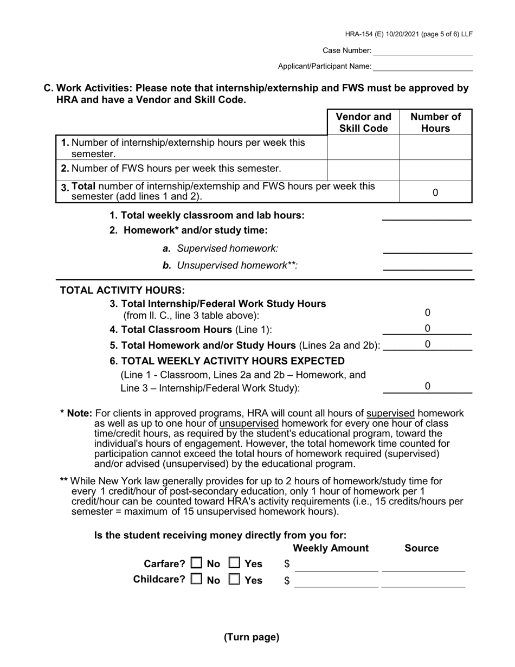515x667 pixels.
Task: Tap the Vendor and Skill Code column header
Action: pos(363,123)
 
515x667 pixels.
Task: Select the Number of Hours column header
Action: pos(435,123)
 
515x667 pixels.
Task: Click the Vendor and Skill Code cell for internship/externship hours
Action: pos(363,147)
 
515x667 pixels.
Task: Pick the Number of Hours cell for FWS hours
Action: pos(435,170)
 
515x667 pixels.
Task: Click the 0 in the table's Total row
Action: pos(435,193)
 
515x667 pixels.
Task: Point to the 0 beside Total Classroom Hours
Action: pos(427,329)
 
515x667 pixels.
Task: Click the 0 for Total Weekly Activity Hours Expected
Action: pos(427,387)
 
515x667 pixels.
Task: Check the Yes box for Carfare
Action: pos(234,563)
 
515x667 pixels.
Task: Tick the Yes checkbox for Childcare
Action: pos(234,580)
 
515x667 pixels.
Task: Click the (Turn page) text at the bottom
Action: pos(252,637)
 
